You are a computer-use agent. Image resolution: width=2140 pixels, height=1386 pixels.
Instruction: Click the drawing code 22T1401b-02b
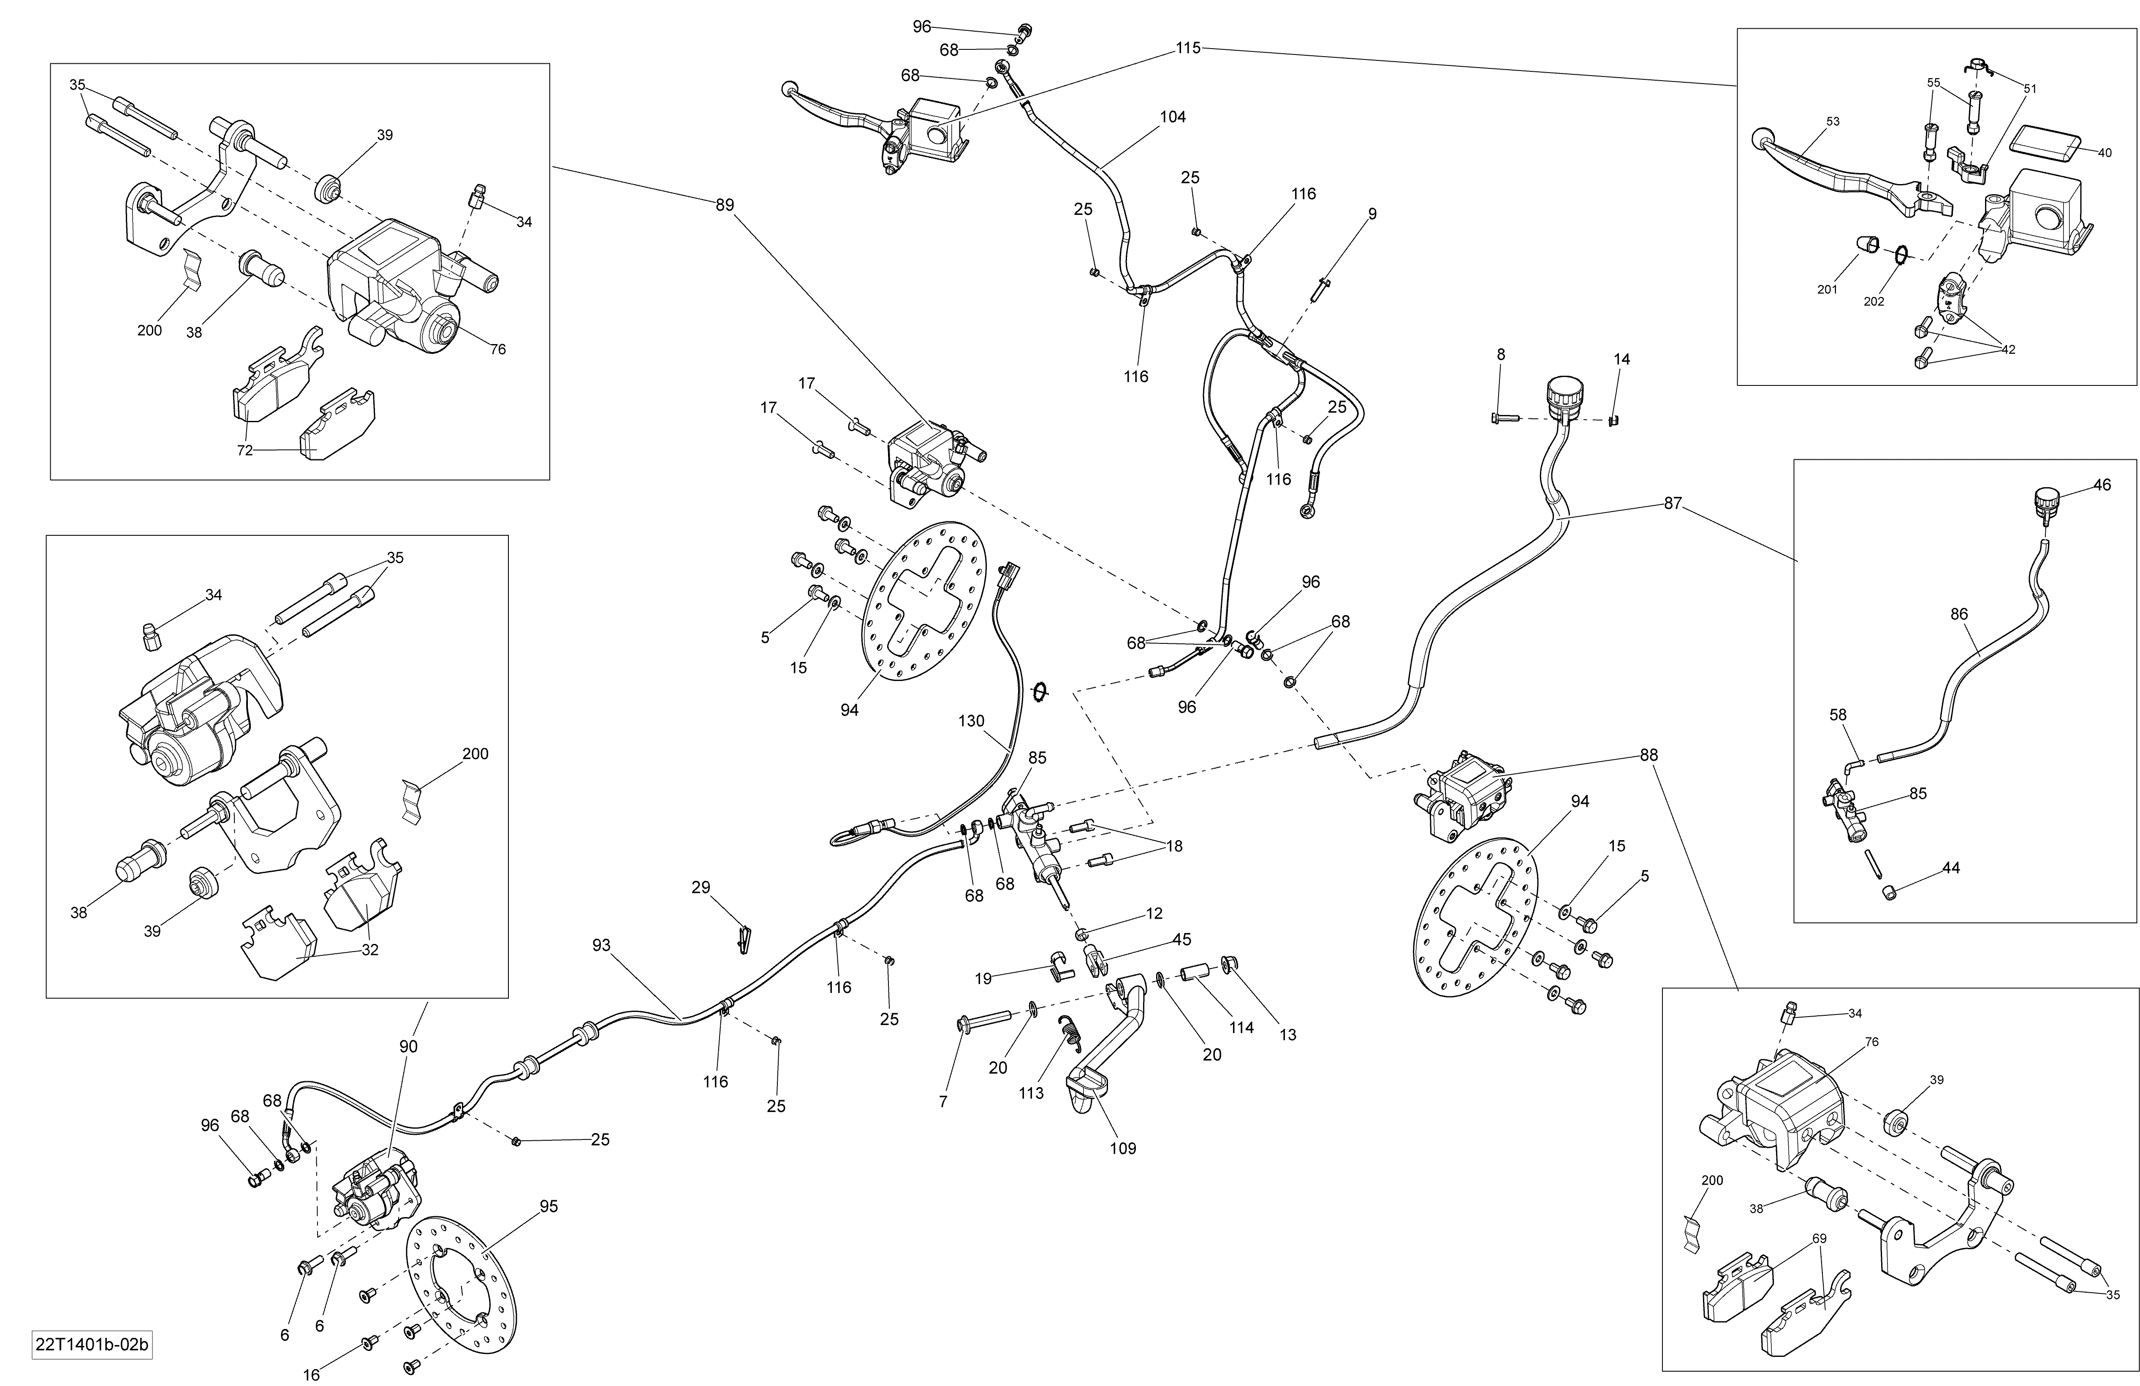coord(92,1345)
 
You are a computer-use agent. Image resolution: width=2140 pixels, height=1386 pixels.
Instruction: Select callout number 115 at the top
coord(1188,48)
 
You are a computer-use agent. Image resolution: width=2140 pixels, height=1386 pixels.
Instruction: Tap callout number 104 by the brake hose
coord(1173,117)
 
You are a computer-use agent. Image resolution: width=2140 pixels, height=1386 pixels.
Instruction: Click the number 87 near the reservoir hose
coord(1673,503)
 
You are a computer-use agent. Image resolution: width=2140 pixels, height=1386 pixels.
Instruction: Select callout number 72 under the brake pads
coord(244,450)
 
